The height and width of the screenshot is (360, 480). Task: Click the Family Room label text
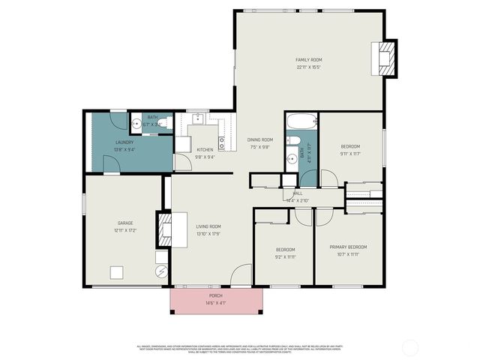coord(308,59)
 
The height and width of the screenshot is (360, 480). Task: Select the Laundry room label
coord(124,142)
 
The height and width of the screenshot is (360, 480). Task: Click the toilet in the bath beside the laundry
coord(166,123)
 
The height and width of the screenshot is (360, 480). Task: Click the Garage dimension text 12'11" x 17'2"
coord(124,230)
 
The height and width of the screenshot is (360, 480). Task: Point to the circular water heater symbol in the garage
coord(160,271)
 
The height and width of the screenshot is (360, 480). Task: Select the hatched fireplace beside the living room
coord(161,229)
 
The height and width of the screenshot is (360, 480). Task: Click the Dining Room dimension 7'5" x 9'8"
coord(260,147)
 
